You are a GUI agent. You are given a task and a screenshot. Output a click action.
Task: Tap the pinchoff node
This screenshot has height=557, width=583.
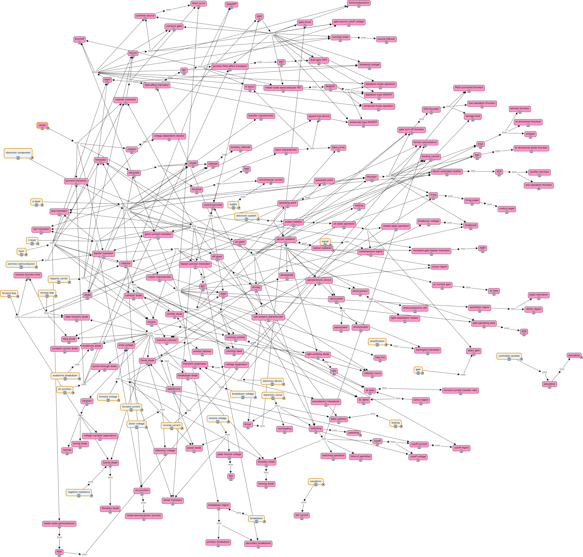(79, 39)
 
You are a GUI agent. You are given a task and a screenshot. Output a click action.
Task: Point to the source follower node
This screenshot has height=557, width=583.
(386, 39)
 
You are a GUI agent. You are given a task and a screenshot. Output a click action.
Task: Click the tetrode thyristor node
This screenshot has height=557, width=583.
(520, 109)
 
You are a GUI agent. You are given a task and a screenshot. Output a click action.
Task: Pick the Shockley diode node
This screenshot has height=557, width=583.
(110, 508)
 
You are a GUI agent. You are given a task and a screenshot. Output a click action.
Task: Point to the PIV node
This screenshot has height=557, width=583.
(231, 476)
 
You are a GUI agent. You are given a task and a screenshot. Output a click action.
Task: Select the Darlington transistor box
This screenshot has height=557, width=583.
(427, 350)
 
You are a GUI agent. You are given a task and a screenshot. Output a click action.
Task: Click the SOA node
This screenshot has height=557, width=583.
(524, 331)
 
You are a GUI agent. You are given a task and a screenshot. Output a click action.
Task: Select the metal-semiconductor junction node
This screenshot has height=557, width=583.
(144, 516)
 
